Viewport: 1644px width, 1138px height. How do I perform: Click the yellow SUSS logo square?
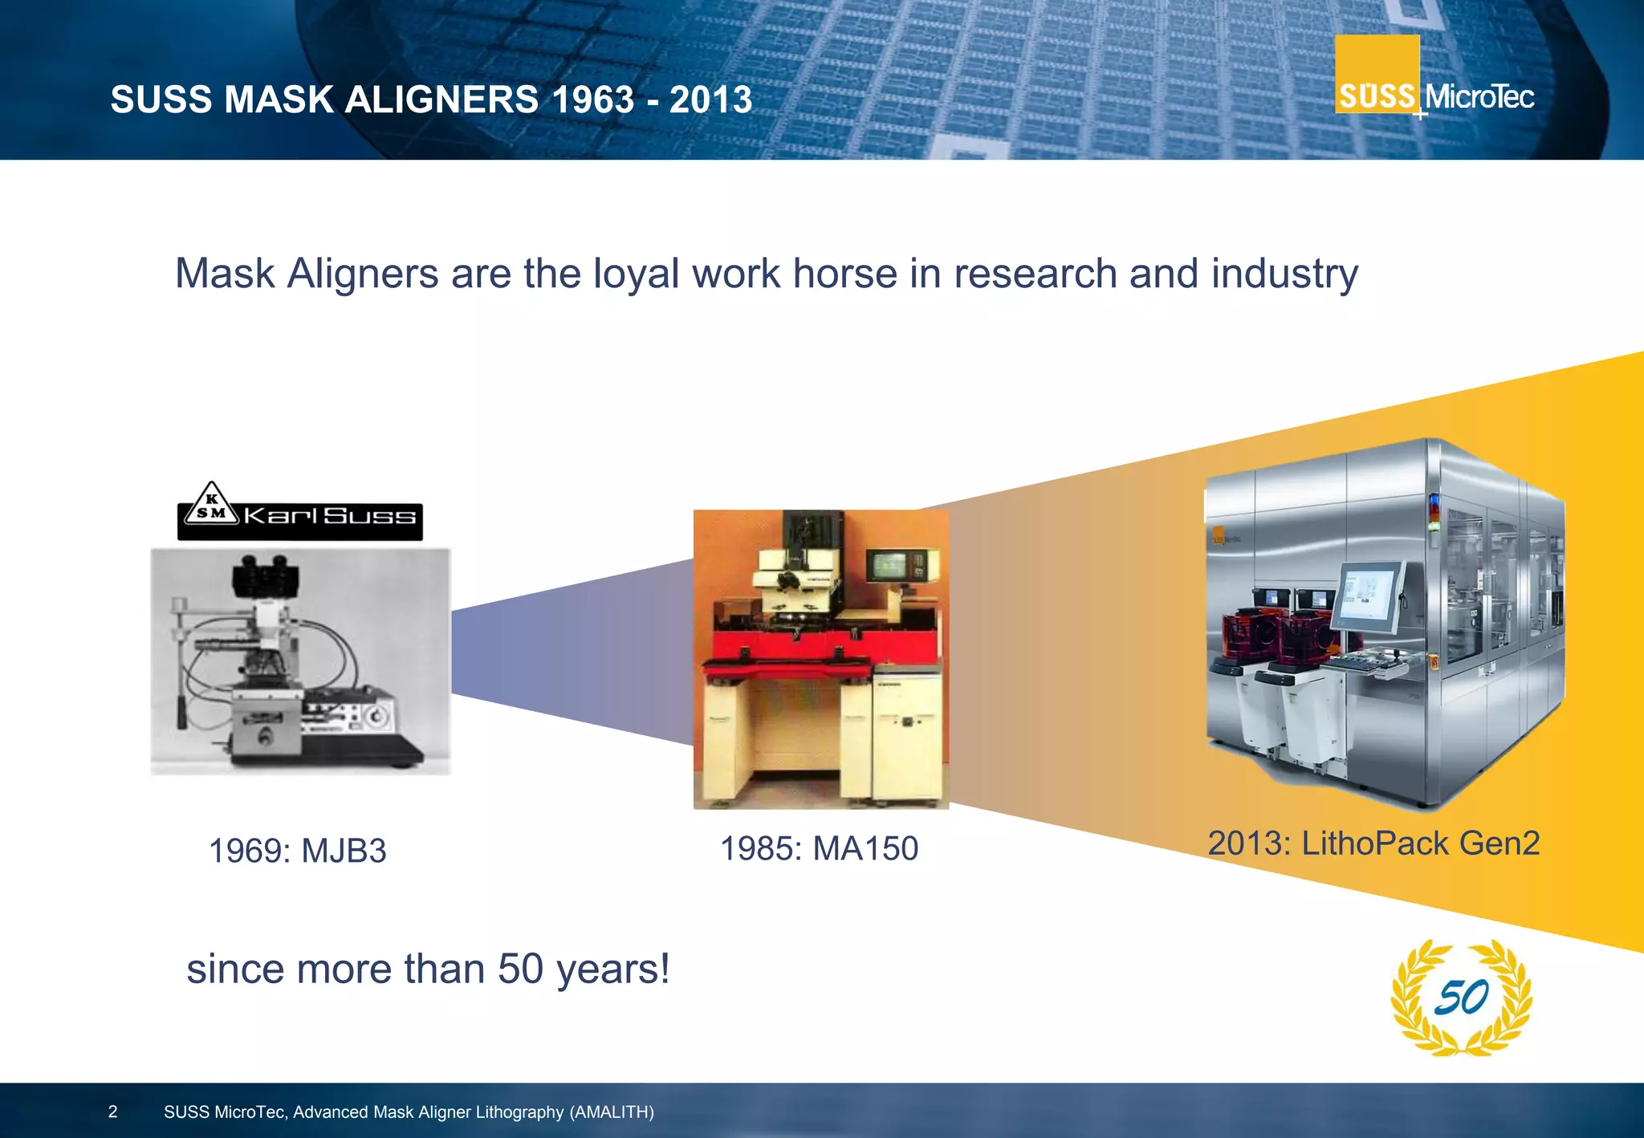1377,74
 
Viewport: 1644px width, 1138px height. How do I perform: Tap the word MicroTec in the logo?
1479,97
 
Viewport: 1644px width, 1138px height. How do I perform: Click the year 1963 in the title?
592,100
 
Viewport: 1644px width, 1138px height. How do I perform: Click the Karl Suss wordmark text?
330,514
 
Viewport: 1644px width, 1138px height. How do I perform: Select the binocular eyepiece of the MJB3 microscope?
266,571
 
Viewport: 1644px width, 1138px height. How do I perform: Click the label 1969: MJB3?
298,851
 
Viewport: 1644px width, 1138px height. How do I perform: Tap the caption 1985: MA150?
819,848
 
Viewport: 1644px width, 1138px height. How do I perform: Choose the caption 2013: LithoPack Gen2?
1373,843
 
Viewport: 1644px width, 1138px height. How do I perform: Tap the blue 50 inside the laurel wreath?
1461,998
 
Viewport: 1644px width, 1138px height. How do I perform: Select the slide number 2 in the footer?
112,1112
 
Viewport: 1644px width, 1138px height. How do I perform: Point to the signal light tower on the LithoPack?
1434,514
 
